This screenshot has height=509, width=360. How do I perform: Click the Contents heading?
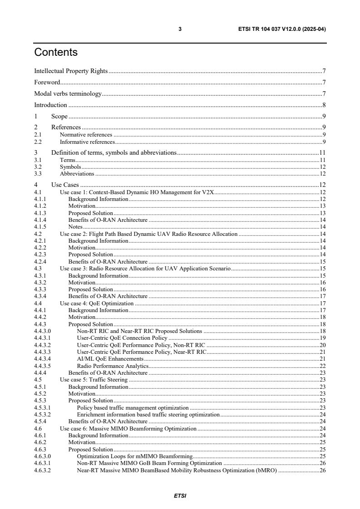point(56,53)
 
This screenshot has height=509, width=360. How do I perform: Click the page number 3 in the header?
point(180,29)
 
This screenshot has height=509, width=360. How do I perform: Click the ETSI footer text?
point(180,496)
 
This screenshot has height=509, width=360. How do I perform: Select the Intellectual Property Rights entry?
point(71,71)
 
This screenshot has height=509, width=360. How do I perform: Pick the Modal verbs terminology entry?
point(68,94)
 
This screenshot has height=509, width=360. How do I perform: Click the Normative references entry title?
point(86,135)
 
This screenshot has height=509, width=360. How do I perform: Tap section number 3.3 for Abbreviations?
point(38,174)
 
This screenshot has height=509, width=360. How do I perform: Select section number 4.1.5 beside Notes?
point(40,226)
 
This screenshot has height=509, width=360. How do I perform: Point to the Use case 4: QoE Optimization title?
point(97,303)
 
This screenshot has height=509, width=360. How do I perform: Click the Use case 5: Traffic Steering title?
point(94,379)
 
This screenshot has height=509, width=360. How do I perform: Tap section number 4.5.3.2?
point(42,414)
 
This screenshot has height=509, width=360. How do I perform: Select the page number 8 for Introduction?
point(323,105)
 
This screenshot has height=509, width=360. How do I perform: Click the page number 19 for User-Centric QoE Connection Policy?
point(321,338)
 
